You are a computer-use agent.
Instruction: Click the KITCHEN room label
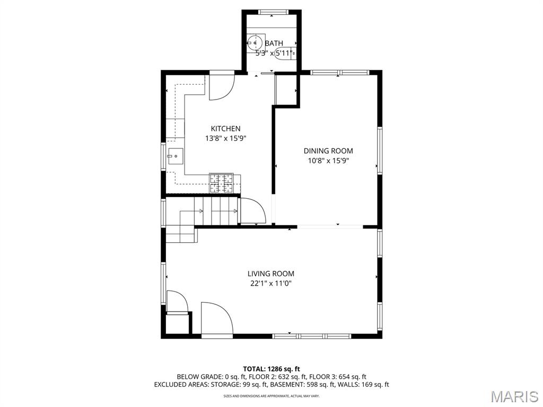225,128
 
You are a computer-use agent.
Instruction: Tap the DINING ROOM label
328,151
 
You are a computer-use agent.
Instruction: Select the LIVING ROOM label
270,274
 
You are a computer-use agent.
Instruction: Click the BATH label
274,43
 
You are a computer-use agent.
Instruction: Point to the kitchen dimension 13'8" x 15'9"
225,138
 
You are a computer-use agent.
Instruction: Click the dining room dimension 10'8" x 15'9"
328,161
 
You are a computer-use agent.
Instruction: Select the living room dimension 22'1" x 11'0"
270,284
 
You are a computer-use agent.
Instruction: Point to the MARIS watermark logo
514,396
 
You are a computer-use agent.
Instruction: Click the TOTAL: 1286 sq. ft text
271,369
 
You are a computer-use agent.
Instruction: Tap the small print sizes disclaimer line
271,396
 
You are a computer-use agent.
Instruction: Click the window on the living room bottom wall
312,336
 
